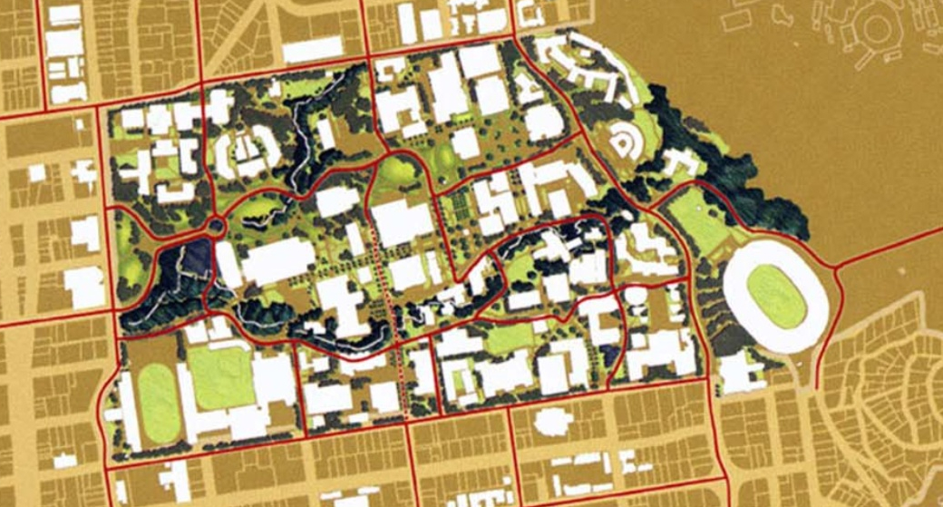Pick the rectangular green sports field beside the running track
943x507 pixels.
(x=220, y=377)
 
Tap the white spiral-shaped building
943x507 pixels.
(x=627, y=141)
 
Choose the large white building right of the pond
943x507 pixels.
(x=277, y=261)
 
